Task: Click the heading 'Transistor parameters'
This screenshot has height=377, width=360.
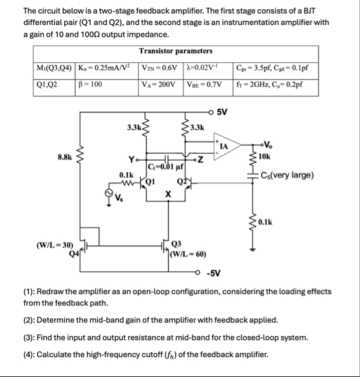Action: [176, 51]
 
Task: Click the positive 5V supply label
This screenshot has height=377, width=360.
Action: [222, 112]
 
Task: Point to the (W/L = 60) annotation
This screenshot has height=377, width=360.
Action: [189, 253]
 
